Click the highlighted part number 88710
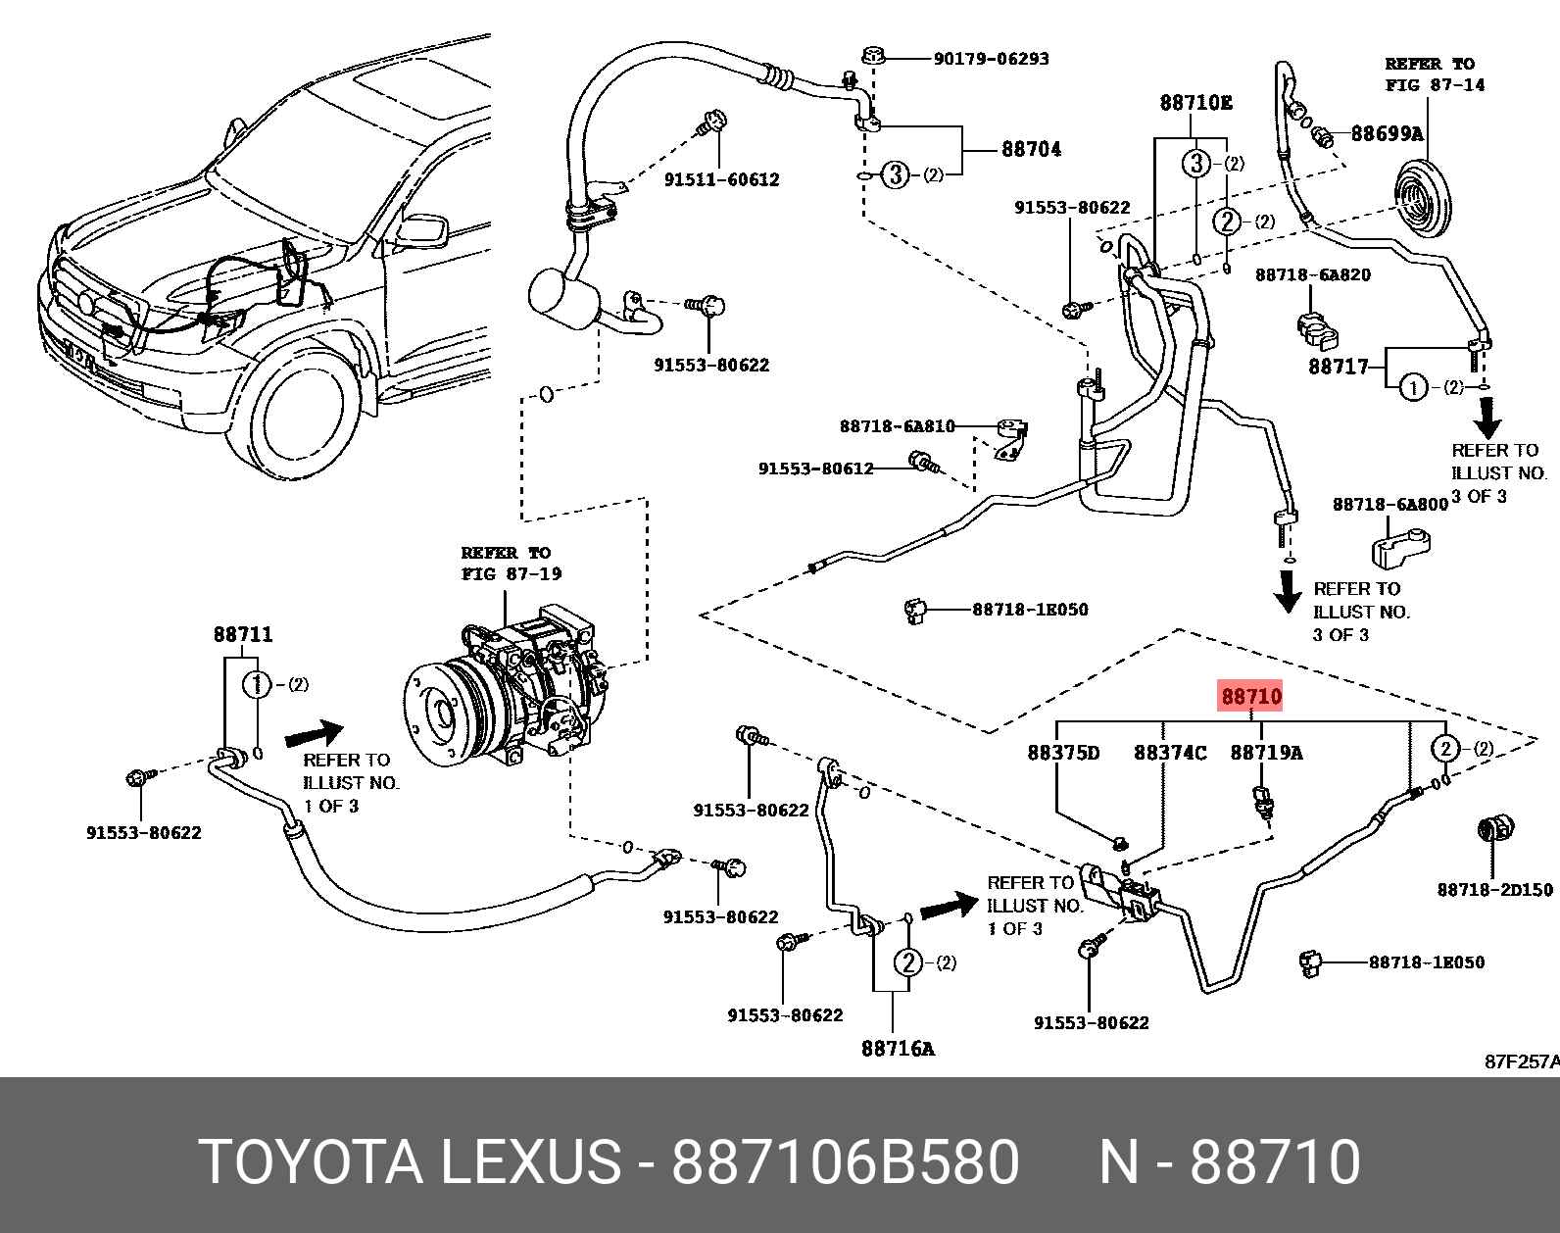click(x=1251, y=697)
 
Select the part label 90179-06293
click(x=991, y=59)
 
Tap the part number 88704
click(x=1031, y=149)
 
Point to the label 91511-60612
click(x=721, y=179)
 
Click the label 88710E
click(x=1195, y=103)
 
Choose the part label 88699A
click(x=1387, y=133)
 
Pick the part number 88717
click(x=1339, y=367)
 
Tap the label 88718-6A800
click(x=1389, y=504)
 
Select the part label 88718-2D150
click(x=1494, y=890)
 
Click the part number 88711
click(x=243, y=634)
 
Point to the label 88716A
click(x=898, y=1049)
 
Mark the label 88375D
click(x=1063, y=753)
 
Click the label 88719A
click(x=1266, y=753)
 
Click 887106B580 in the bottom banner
click(x=845, y=1161)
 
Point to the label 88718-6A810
click(x=897, y=426)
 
